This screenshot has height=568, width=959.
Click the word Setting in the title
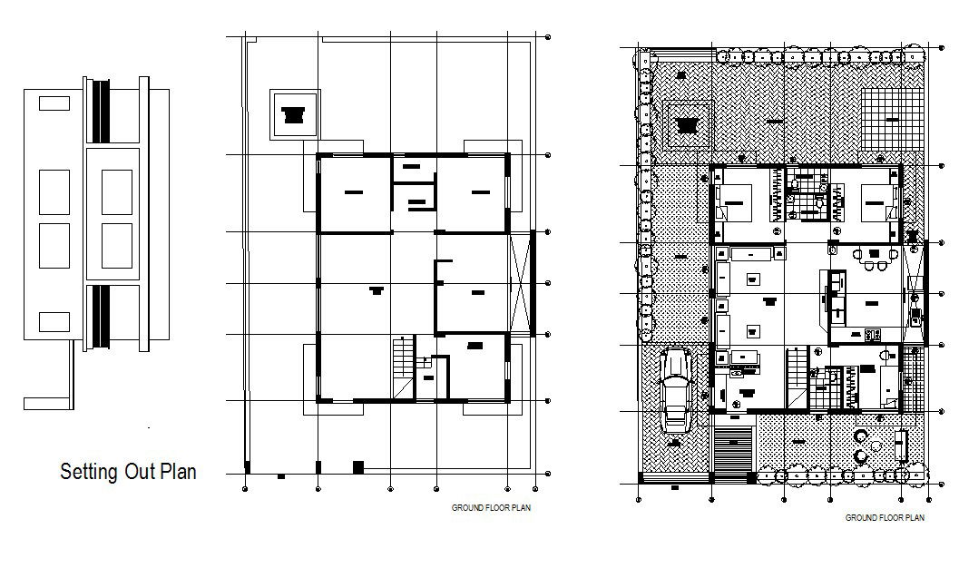(x=83, y=472)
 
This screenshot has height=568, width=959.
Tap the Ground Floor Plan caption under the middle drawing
(x=491, y=508)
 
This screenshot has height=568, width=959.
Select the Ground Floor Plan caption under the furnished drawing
(x=884, y=518)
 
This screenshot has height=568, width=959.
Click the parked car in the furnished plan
(x=676, y=389)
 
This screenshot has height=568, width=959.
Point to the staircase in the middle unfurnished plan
(x=403, y=367)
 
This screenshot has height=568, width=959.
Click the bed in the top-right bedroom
(x=876, y=201)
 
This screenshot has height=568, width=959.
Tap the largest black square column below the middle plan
(x=357, y=467)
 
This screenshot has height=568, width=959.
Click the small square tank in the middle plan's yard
(x=292, y=114)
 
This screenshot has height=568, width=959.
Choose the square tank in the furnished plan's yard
(x=686, y=126)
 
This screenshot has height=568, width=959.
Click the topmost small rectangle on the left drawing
(x=54, y=103)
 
